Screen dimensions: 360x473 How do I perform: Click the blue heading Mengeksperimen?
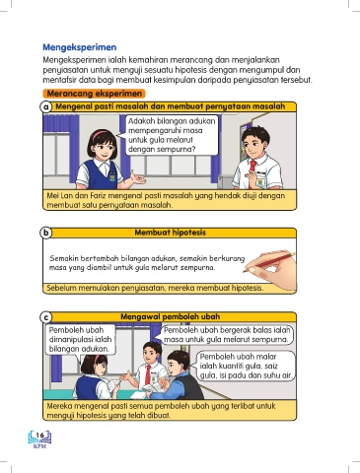[80, 47]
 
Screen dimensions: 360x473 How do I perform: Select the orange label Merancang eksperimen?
[94, 94]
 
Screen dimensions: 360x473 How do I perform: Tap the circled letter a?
[46, 107]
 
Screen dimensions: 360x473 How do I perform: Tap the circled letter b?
[46, 233]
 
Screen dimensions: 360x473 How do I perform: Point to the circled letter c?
[46, 317]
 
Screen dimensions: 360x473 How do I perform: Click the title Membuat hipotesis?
[170, 233]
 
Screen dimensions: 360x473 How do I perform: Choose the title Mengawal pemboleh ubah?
[170, 316]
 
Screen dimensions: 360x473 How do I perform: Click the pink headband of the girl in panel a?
[101, 133]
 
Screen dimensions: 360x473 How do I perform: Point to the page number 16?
[39, 436]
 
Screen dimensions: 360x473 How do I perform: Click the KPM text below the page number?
[39, 446]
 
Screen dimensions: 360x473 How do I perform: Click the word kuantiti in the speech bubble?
[227, 366]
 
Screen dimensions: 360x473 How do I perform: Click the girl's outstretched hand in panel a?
[137, 177]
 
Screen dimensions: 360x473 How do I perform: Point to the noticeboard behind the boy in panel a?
[246, 134]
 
